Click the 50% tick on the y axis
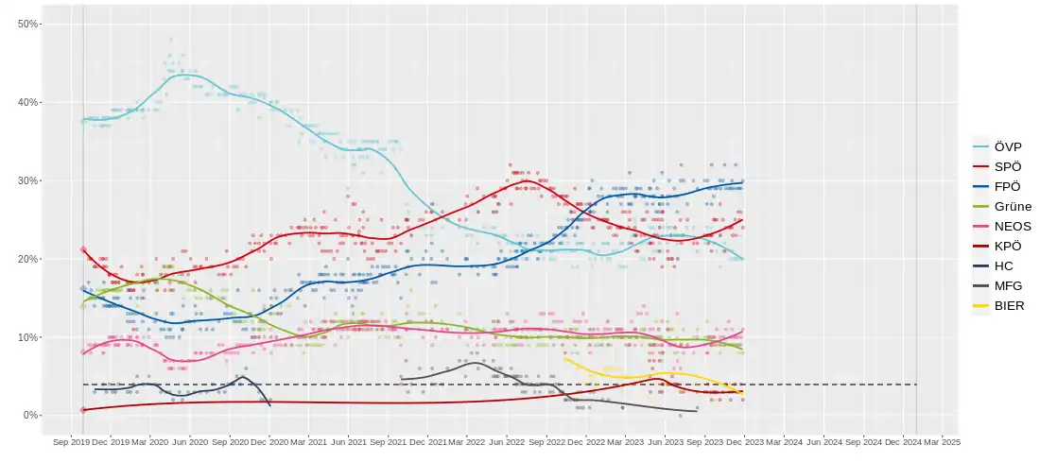[28, 24]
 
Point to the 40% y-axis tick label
[28, 102]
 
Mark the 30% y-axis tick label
[28, 180]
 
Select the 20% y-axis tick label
[28, 259]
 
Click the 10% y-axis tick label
[28, 337]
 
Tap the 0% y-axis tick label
[31, 416]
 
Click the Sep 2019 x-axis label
[72, 441]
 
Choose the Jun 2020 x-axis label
[191, 441]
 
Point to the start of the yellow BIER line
[564, 359]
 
